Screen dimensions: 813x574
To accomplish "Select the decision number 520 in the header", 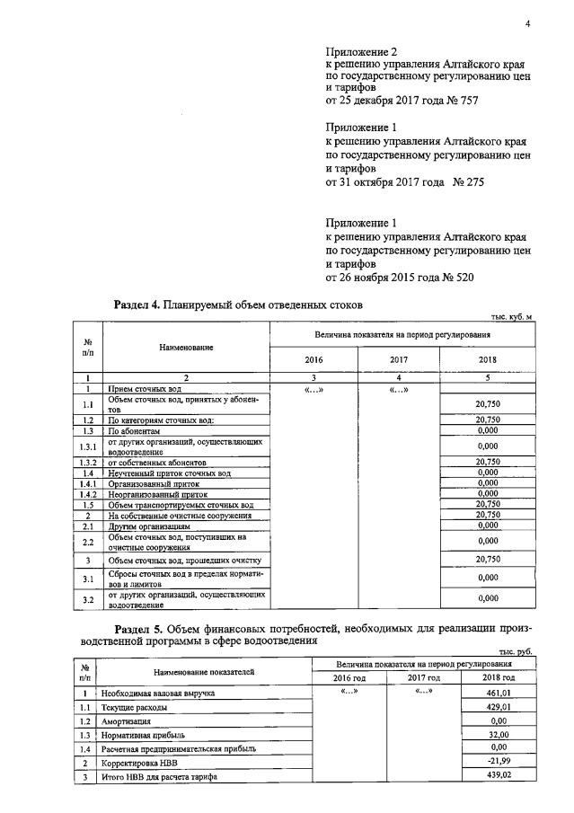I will coord(460,278).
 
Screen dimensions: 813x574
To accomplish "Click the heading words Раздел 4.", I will coord(137,305).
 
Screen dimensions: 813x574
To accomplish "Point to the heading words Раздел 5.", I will coord(140,627).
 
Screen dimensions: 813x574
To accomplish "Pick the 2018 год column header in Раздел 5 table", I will coord(497,677).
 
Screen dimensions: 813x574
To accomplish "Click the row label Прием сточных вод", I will coord(145,388).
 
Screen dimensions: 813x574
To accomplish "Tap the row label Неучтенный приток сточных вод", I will coord(170,473).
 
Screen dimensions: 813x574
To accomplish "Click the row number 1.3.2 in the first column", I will coord(89,462).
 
